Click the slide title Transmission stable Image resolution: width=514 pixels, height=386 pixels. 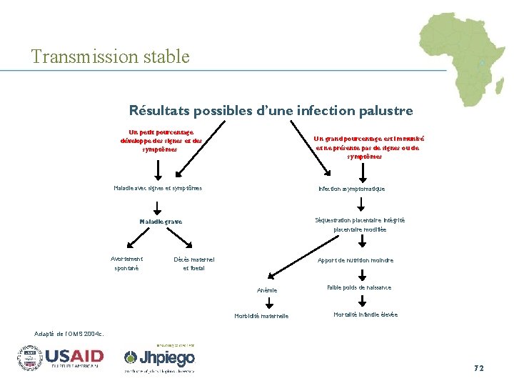[x=111, y=56]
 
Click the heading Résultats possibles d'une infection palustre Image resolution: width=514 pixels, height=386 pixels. [x=271, y=111]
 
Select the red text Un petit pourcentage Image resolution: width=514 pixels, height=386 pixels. [x=161, y=141]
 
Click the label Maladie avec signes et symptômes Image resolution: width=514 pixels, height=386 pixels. [x=158, y=188]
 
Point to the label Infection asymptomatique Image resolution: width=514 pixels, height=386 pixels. [x=351, y=189]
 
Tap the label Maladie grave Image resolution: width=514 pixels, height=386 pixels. [x=161, y=222]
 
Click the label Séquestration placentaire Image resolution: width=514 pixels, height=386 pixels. [x=360, y=224]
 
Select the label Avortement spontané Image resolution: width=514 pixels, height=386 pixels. [x=127, y=263]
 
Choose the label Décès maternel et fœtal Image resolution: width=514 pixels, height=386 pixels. [x=193, y=263]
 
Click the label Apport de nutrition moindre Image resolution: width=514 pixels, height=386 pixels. [x=356, y=260]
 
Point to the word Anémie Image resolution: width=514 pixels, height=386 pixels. [x=267, y=290]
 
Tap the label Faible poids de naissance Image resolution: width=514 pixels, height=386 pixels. [x=359, y=287]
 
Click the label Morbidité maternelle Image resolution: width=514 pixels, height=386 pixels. [x=262, y=316]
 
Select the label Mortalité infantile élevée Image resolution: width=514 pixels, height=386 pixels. [x=366, y=315]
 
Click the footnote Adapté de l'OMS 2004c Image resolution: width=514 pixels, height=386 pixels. [x=69, y=333]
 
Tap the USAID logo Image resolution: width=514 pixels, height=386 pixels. [x=61, y=357]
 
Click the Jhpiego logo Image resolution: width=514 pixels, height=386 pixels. [x=158, y=358]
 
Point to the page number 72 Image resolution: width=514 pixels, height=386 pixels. [x=478, y=368]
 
